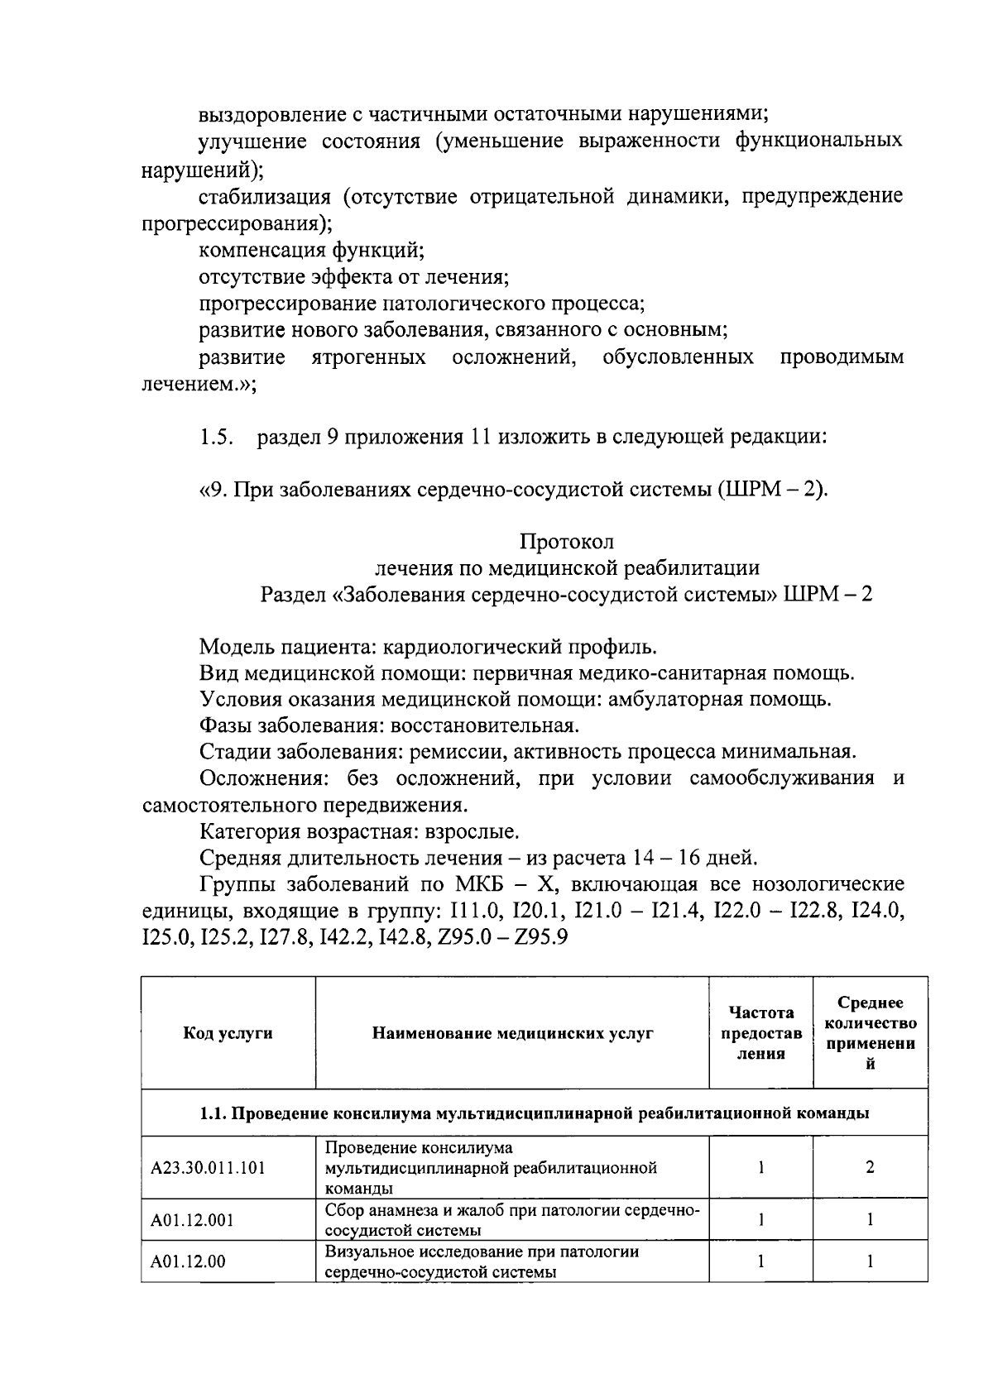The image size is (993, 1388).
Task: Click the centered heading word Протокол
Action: point(567,541)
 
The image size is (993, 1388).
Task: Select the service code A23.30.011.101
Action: point(208,1167)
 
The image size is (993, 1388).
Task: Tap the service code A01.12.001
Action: point(192,1219)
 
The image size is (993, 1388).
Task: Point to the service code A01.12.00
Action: point(188,1261)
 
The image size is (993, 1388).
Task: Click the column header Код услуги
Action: point(228,1032)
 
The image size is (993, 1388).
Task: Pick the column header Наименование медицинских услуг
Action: point(512,1032)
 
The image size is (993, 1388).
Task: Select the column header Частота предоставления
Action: point(760,1032)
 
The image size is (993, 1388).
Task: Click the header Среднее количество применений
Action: point(870,1032)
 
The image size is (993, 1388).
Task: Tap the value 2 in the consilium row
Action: point(870,1167)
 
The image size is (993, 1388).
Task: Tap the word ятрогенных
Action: point(369,357)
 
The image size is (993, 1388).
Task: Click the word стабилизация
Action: point(265,196)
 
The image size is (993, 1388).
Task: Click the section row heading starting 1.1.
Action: point(534,1113)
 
